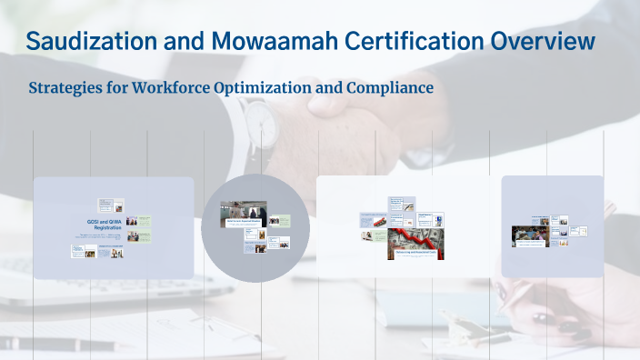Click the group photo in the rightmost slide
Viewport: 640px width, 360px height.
point(528,234)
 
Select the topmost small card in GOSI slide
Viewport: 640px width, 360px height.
point(107,204)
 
